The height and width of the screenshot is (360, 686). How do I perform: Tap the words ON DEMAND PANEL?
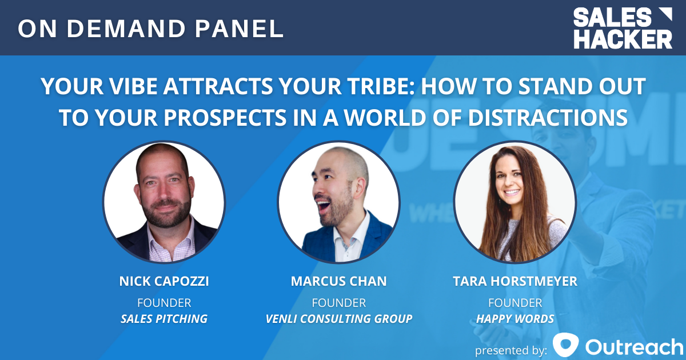tap(150, 29)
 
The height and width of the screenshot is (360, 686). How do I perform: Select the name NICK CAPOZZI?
tap(163, 281)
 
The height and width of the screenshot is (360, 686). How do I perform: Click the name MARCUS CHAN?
tap(338, 281)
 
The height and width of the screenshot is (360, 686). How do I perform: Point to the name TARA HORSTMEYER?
tap(515, 281)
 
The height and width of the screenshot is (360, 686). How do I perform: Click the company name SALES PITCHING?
tap(163, 319)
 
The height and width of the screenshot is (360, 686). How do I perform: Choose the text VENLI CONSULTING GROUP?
tap(338, 319)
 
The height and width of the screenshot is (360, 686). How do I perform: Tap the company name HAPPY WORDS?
tap(515, 319)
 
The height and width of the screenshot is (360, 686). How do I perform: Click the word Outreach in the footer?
tap(634, 346)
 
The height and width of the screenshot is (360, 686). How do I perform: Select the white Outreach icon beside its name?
tap(566, 346)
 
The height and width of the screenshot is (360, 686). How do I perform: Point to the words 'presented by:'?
tap(511, 348)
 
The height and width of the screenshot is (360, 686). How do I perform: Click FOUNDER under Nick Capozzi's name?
tap(163, 302)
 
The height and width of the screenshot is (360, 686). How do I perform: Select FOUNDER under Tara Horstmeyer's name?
tap(515, 302)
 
